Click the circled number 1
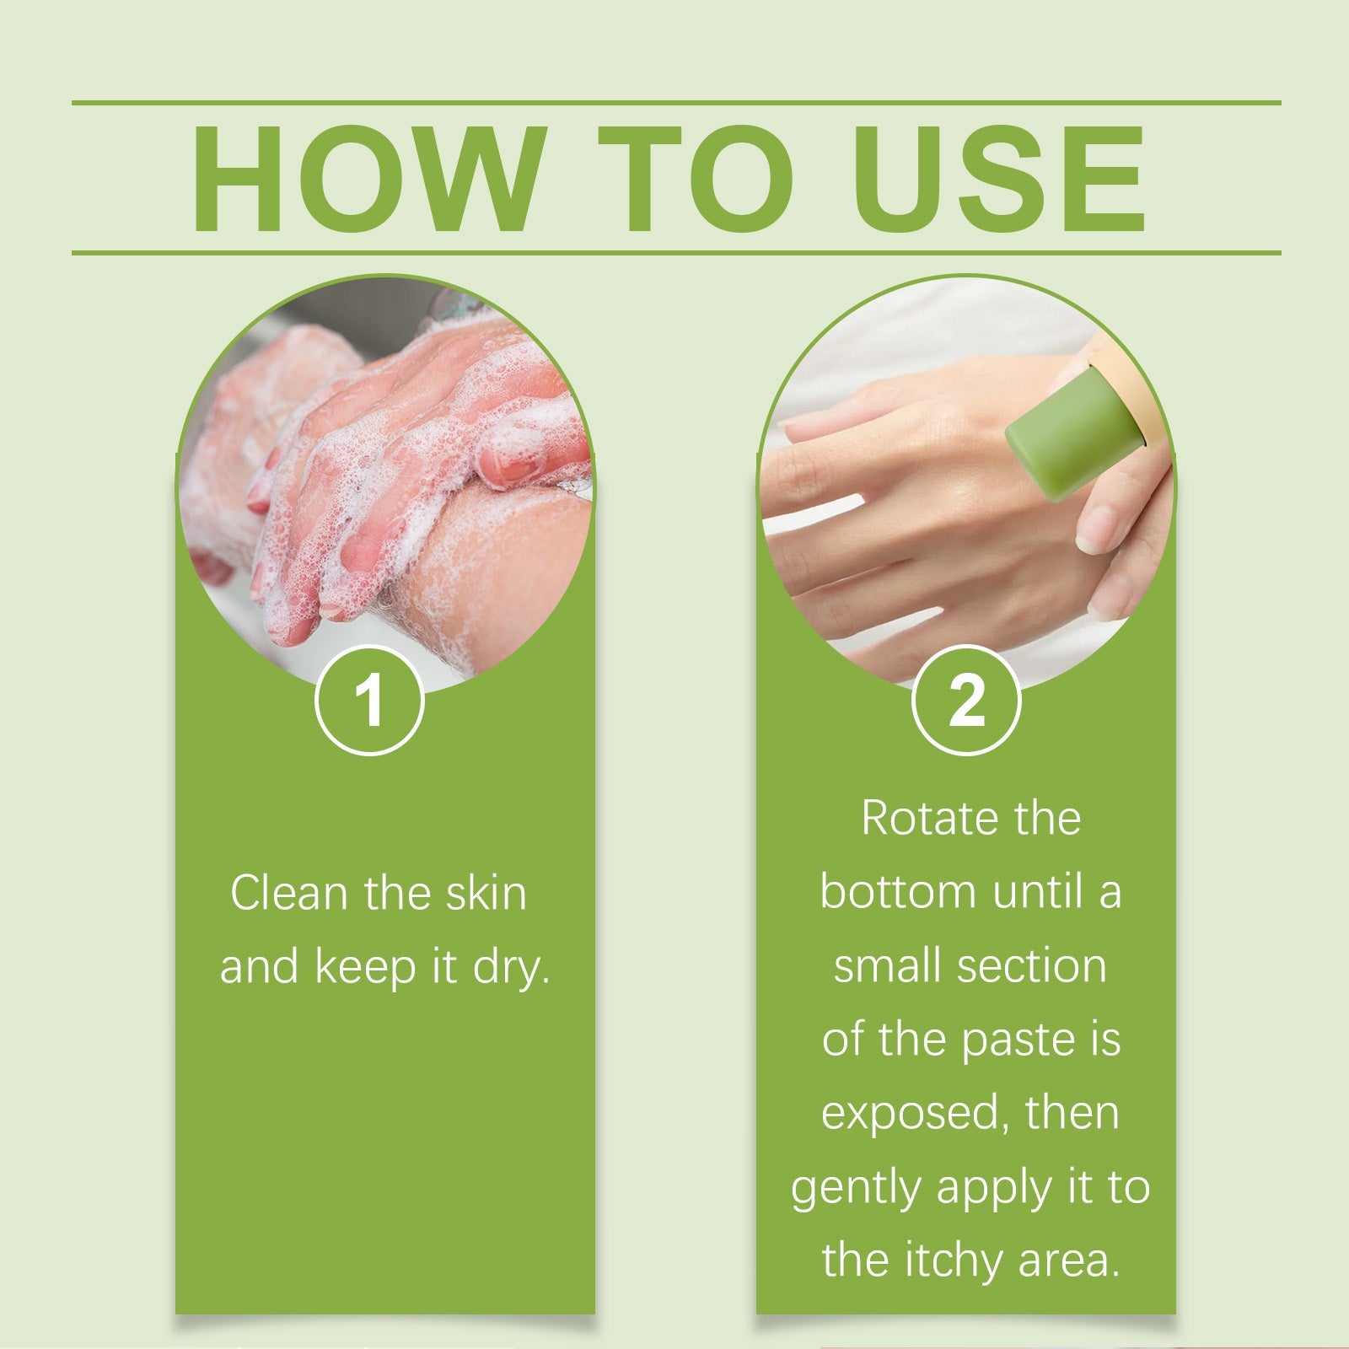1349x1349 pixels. (369, 701)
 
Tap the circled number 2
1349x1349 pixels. (966, 701)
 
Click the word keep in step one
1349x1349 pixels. (366, 968)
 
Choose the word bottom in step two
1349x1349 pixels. (898, 892)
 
